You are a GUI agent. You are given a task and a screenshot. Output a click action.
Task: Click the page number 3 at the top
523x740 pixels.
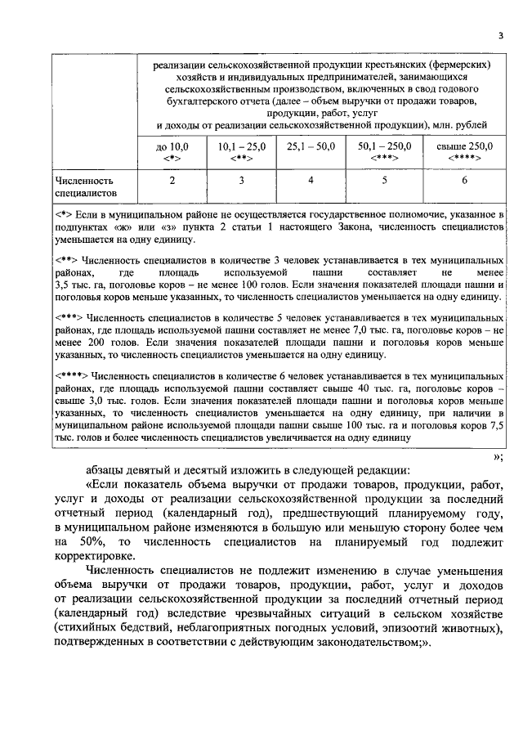tap(500, 34)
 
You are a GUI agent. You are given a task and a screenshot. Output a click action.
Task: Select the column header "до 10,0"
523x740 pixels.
tap(172, 151)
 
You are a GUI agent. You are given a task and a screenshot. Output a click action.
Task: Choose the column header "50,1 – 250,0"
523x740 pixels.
tap(385, 151)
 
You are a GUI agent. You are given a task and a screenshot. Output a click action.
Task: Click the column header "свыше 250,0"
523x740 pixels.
tap(464, 151)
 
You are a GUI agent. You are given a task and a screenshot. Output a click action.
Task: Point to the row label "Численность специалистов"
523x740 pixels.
tap(83, 186)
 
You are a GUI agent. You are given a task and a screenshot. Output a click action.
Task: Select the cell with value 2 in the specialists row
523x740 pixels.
tap(172, 180)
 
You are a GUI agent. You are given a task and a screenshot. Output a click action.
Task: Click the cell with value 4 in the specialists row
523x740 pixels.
tap(311, 180)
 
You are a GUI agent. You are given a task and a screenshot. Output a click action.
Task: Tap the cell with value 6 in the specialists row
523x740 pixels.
tap(464, 180)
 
